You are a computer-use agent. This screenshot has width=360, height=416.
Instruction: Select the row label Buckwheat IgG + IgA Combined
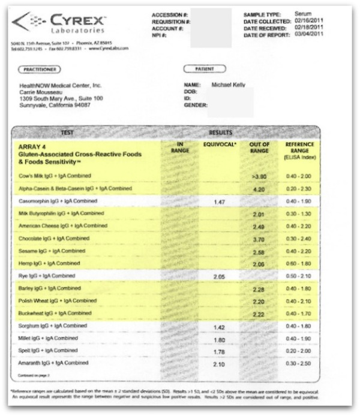click(58, 313)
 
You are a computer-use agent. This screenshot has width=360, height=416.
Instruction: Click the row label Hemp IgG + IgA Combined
click(52, 263)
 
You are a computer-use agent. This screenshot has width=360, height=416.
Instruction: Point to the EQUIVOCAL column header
click(220, 144)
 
